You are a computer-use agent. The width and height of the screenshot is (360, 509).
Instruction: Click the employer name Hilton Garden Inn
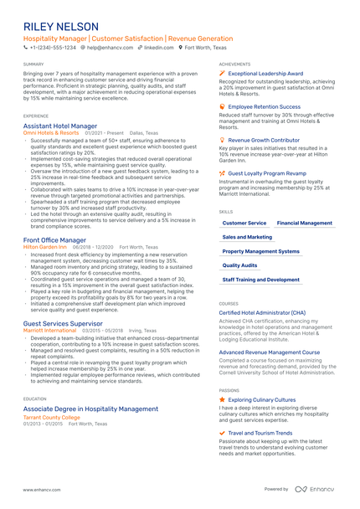[45, 248]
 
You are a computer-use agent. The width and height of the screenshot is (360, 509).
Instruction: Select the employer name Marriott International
[51, 331]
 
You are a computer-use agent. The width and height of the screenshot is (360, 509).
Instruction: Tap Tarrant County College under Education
[52, 417]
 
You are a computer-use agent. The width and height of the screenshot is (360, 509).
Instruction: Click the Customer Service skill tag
[244, 224]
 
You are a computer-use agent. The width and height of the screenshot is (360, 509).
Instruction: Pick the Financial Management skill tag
[305, 224]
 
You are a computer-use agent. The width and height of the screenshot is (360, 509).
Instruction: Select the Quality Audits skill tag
[240, 265]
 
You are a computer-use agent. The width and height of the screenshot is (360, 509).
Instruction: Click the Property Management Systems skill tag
[261, 251]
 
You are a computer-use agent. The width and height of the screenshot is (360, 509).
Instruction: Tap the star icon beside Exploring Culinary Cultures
[222, 400]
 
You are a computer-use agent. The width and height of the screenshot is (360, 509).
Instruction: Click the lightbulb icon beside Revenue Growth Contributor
[222, 140]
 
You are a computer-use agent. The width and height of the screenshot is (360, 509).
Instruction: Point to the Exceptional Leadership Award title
[265, 73]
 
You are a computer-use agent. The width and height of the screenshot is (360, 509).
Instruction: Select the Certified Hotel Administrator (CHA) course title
[262, 312]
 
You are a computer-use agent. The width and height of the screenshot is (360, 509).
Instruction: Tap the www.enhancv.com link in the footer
[40, 490]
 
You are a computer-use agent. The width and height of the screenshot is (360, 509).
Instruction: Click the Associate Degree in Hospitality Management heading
[90, 409]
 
